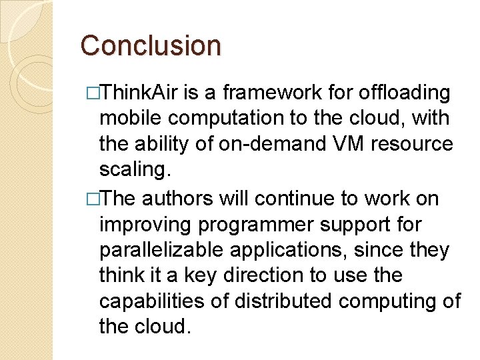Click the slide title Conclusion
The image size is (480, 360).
tap(150, 46)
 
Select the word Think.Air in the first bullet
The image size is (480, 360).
tap(143, 92)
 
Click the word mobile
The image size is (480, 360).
tap(131, 118)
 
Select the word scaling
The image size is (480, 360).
tap(135, 170)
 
